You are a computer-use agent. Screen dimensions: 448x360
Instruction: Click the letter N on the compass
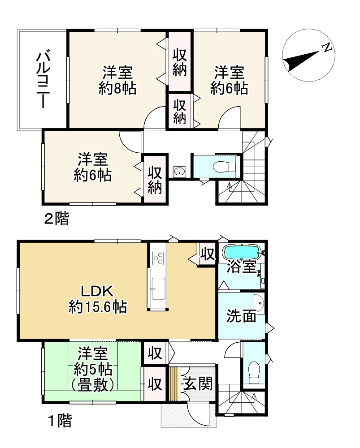pyautogui.click(x=328, y=46)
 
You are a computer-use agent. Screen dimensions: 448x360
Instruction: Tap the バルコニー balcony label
pyautogui.click(x=43, y=80)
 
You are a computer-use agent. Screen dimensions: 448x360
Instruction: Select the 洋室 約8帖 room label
pyautogui.click(x=117, y=80)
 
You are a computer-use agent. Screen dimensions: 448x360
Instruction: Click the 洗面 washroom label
pyautogui.click(x=241, y=316)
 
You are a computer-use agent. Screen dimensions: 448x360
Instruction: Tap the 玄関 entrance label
pyautogui.click(x=197, y=384)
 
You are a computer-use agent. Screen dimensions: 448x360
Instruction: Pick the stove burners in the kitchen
pyautogui.click(x=159, y=258)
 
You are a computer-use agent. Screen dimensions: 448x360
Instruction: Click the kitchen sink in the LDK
pyautogui.click(x=158, y=289)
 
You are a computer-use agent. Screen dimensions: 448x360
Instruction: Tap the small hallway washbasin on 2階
pyautogui.click(x=179, y=171)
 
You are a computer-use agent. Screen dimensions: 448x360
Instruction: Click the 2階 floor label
pyautogui.click(x=56, y=219)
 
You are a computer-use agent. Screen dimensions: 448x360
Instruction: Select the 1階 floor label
pyautogui.click(x=60, y=421)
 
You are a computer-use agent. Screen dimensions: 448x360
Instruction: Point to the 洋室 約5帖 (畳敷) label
pyautogui.click(x=93, y=369)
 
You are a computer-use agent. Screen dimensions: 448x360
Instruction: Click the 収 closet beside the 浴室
pyautogui.click(x=207, y=255)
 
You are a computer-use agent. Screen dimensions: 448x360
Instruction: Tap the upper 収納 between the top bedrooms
pyautogui.click(x=180, y=63)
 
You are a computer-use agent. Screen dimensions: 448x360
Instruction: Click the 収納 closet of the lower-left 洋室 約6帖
pyautogui.click(x=155, y=180)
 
